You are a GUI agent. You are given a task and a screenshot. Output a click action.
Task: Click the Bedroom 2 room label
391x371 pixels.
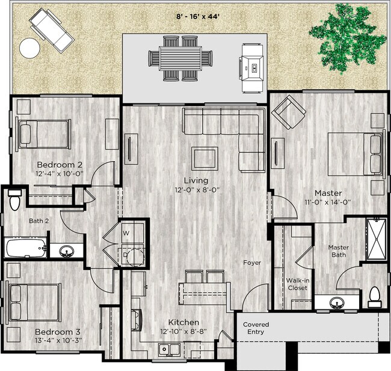tap(60, 165)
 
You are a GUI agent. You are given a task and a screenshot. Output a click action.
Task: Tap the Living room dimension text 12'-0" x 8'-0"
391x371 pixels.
tap(196, 189)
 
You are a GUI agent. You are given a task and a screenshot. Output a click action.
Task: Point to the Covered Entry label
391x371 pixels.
tap(256, 328)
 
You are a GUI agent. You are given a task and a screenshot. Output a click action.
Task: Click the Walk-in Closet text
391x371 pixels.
tap(297, 284)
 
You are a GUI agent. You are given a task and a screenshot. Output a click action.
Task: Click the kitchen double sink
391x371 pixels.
tap(168, 349)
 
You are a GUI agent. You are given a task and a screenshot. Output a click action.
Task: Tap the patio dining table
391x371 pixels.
tap(181, 58)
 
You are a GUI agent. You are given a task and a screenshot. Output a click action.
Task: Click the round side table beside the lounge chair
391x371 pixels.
tap(29, 46)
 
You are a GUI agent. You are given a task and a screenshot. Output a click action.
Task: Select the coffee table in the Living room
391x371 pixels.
tap(205, 158)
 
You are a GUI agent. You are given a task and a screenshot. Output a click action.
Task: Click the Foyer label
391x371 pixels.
tap(251, 263)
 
